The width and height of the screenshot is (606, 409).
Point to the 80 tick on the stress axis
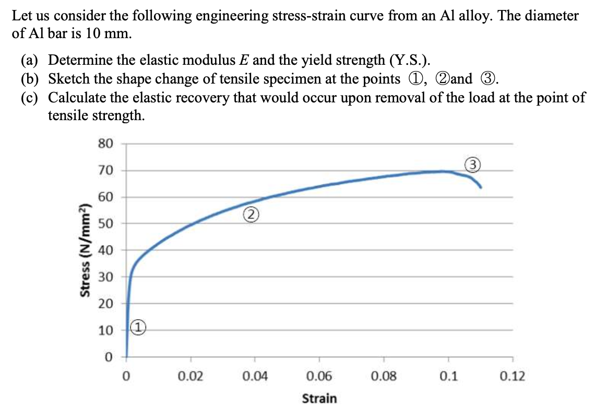[105, 144]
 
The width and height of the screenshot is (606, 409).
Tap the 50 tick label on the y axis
[105, 224]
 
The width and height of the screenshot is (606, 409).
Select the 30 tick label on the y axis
[105, 277]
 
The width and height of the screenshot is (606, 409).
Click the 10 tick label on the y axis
[105, 331]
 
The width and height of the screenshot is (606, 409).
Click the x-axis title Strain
[319, 398]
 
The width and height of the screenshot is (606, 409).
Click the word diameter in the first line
[550, 16]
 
